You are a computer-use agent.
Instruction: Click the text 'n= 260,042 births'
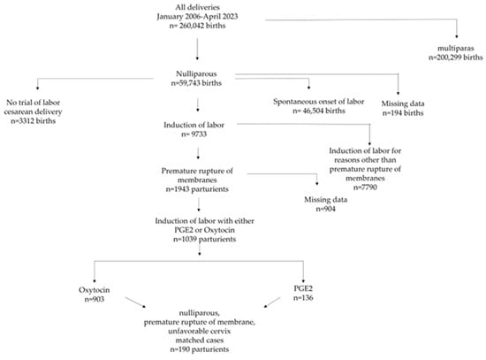point(197,26)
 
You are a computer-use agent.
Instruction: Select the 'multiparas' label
point(456,49)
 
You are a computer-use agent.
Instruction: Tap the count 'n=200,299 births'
point(456,57)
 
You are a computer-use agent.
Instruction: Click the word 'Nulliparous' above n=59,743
point(196,74)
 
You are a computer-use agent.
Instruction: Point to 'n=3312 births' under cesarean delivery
point(34,120)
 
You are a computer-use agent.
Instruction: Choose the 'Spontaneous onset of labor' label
point(319,102)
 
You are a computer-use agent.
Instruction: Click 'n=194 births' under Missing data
point(403,112)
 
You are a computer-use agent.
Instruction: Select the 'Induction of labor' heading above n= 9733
point(194,125)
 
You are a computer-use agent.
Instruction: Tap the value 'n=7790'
point(365,188)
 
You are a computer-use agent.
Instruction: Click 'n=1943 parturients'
point(197,189)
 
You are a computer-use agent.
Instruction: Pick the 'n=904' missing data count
point(326,209)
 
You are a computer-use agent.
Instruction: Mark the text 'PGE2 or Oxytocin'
point(205,230)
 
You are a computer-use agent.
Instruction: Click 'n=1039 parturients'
point(205,239)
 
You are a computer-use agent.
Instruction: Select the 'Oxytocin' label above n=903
point(95,290)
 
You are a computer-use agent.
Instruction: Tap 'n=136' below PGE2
point(303,297)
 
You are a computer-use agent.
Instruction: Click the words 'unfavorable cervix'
point(200,331)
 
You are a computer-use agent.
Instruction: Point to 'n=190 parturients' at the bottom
point(200,349)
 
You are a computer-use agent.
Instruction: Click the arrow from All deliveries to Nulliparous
point(197,49)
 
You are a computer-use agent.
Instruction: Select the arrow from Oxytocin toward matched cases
point(135,303)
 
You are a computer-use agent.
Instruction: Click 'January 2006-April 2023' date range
point(197,17)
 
